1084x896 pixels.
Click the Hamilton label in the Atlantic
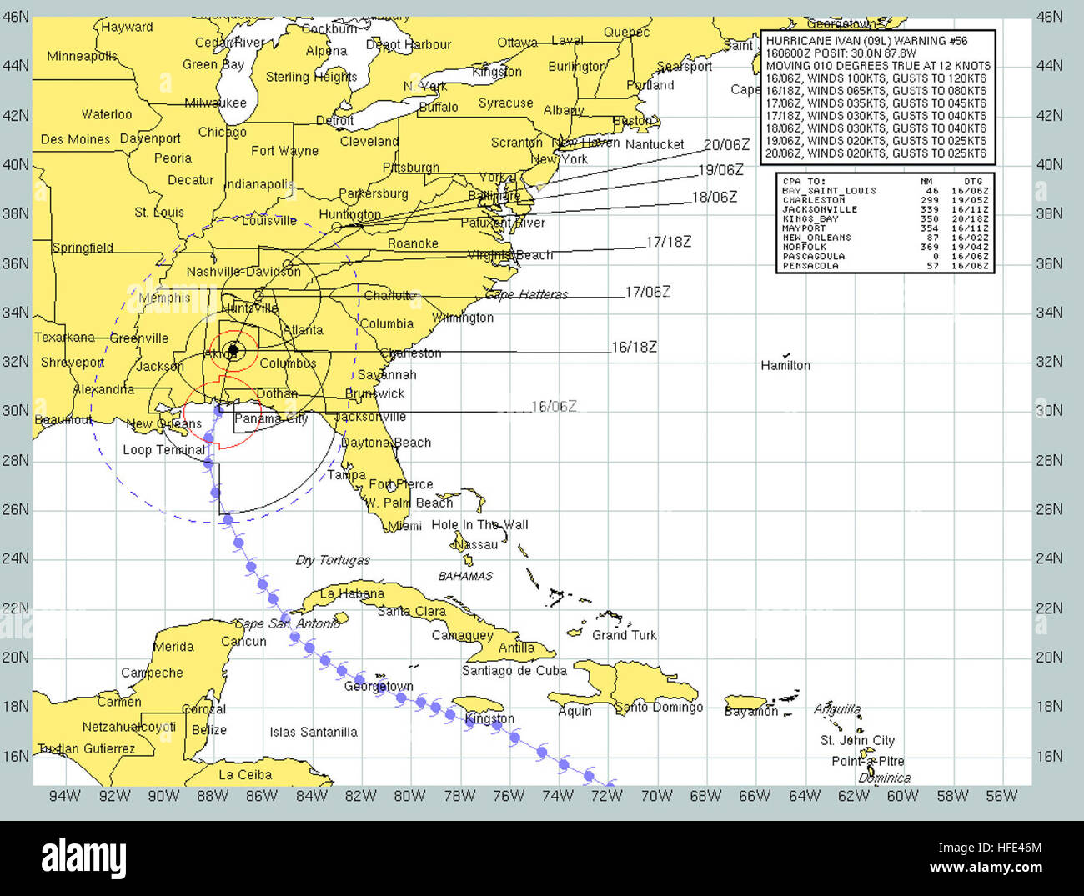(785, 365)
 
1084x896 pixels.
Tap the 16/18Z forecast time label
(634, 347)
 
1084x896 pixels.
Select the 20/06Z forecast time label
(726, 145)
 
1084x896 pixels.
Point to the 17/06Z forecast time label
(647, 292)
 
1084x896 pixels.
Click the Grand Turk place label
(624, 635)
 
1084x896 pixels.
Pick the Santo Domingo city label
(659, 707)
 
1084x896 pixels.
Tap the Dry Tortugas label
(332, 560)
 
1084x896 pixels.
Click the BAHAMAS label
(465, 576)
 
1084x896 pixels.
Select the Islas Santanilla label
(313, 732)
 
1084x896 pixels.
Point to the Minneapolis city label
(82, 56)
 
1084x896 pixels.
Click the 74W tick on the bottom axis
(558, 796)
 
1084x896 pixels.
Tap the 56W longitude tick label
(1001, 796)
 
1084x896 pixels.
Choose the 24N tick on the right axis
(1049, 558)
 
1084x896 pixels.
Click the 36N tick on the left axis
(15, 263)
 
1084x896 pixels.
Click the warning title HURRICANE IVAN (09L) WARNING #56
(866, 41)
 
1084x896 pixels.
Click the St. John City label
(857, 740)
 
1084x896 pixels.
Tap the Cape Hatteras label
(526, 294)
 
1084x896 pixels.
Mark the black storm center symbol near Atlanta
(233, 350)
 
